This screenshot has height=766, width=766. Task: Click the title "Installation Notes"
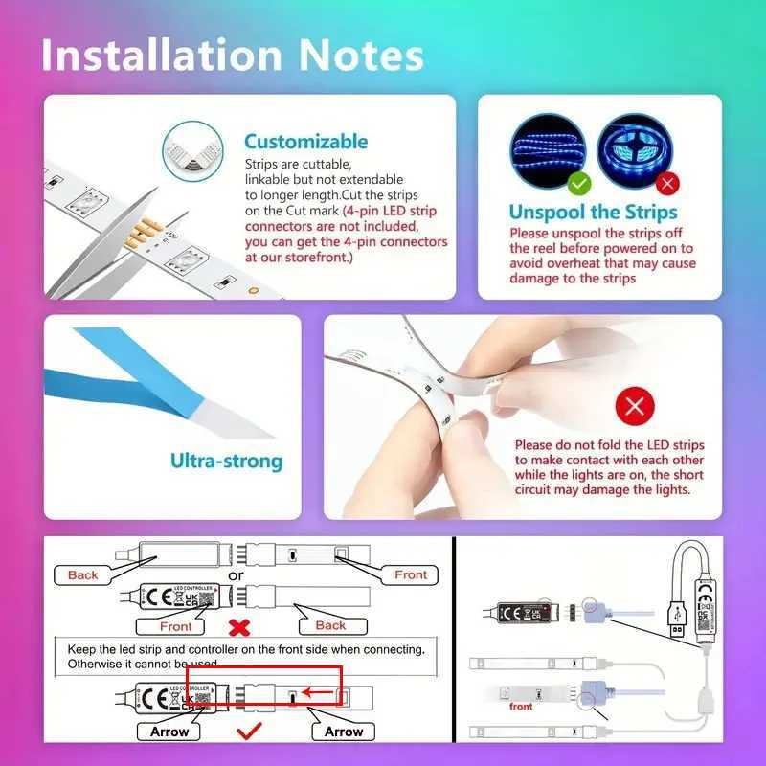click(x=232, y=55)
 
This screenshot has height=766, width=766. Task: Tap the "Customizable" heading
click(x=305, y=142)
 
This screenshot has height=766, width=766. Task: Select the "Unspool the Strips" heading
click(x=593, y=212)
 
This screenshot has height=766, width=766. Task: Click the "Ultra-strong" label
click(x=227, y=461)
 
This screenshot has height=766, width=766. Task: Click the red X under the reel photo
click(x=668, y=182)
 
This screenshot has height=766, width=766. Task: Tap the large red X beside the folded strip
click(x=634, y=407)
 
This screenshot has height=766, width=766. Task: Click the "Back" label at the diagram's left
click(x=83, y=574)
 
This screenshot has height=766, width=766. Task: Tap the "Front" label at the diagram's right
click(x=411, y=574)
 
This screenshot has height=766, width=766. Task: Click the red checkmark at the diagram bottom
click(x=250, y=731)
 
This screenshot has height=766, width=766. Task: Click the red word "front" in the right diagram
click(x=521, y=707)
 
